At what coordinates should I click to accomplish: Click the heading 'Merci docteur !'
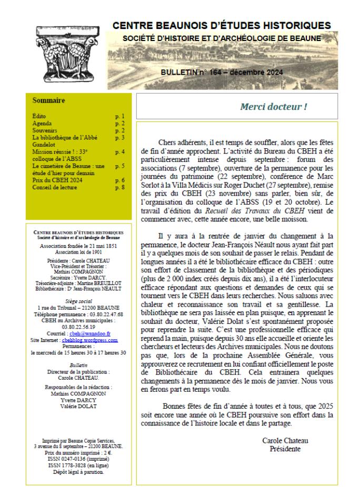click(x=273, y=106)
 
